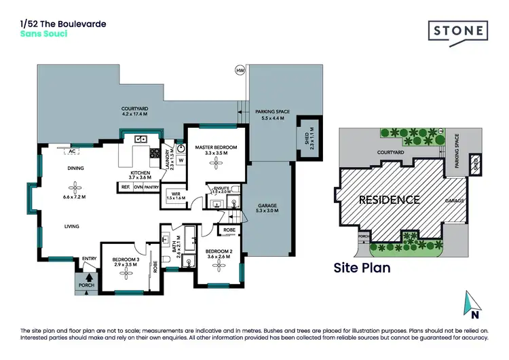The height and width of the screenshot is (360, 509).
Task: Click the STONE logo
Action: coord(458,31)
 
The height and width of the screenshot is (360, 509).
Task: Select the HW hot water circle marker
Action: coord(240,70)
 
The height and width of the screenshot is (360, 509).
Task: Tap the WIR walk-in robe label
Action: coord(175,196)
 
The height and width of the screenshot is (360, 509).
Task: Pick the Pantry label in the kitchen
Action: coord(151,187)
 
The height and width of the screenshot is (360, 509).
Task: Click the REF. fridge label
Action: coord(126,187)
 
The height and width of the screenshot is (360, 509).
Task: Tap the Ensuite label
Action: coord(222,190)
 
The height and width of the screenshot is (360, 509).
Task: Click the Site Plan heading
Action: coord(362,268)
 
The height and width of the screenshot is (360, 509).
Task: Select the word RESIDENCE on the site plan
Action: coord(390,200)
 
